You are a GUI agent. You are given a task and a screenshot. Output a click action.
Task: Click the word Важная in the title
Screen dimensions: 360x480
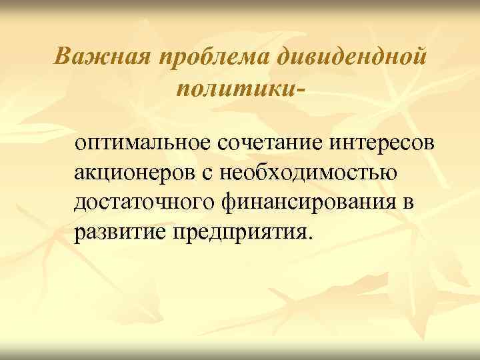pyautogui.click(x=103, y=57)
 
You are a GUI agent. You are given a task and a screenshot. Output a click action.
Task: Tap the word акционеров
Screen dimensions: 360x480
pyautogui.click(x=134, y=173)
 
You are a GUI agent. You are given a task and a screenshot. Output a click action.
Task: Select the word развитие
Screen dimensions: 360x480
pyautogui.click(x=120, y=233)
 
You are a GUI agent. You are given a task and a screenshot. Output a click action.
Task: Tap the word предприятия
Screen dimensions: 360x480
pyautogui.click(x=238, y=233)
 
